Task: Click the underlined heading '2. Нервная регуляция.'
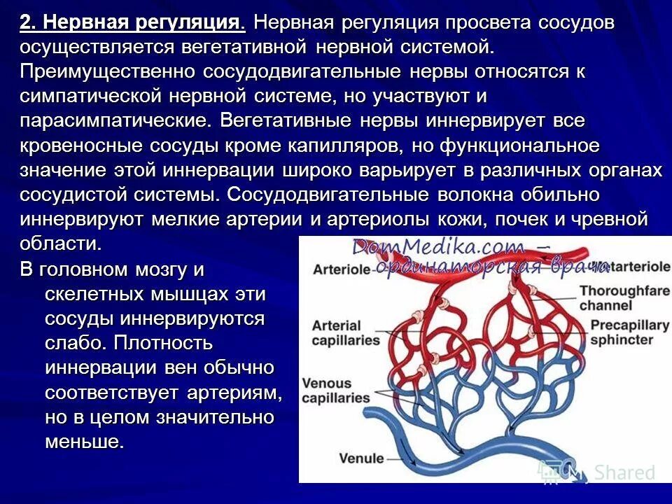pos(133,23)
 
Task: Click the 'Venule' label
pos(361,459)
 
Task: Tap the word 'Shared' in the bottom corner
pos(626,472)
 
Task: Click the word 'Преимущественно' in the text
pos(108,72)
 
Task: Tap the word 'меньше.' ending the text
pos(85,442)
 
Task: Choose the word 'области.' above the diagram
pos(62,244)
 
